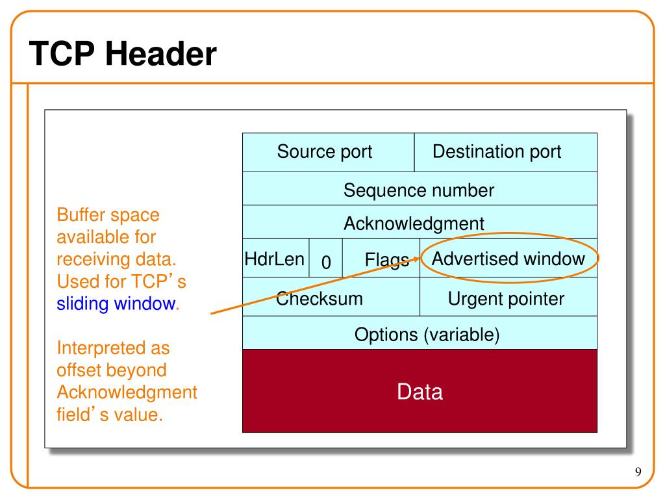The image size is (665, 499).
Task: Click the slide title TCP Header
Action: tap(123, 54)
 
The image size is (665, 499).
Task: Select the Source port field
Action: tap(328, 152)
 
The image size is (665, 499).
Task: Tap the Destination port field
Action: tap(505, 152)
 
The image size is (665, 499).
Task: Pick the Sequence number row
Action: tap(420, 188)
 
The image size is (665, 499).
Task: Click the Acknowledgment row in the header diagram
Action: tap(420, 222)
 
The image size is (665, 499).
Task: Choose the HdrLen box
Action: tap(275, 257)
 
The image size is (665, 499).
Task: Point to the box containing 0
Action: tap(326, 257)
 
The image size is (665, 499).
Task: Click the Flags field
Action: tap(381, 257)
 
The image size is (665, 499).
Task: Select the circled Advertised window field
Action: tap(508, 257)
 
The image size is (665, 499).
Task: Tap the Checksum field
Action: tap(331, 296)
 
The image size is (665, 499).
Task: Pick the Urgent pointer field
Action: tap(508, 296)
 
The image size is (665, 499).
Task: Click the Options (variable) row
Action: tap(420, 333)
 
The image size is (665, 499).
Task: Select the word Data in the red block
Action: tap(420, 392)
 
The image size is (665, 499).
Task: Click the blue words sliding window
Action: tap(116, 304)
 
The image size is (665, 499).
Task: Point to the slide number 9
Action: tap(638, 472)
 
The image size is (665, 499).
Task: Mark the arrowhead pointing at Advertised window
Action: tap(415, 259)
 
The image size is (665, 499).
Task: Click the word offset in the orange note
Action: tap(75, 370)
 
